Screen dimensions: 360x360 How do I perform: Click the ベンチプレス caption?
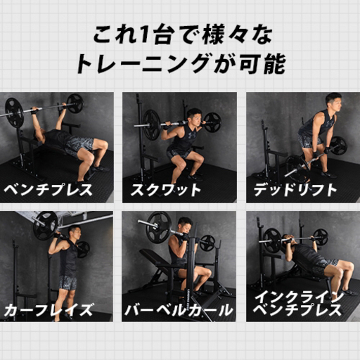pyautogui.click(x=48, y=190)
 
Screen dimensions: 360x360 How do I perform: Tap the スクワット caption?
pyautogui.click(x=166, y=190)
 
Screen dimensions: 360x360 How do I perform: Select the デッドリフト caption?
pyautogui.click(x=295, y=190)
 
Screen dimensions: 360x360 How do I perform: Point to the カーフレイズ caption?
pyautogui.click(x=49, y=310)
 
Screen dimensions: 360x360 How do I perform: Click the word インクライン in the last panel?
pyautogui.click(x=299, y=297)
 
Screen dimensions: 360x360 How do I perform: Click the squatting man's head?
pyautogui.click(x=194, y=117)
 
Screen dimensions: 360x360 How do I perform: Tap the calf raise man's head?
pyautogui.click(x=75, y=233)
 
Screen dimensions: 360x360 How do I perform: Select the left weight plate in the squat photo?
pyautogui.click(x=152, y=124)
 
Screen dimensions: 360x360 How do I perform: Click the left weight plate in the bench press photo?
pyautogui.click(x=15, y=113)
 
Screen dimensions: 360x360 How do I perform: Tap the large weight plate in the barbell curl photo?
pyautogui.click(x=159, y=227)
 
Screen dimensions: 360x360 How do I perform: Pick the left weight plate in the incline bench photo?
pyautogui.click(x=272, y=241)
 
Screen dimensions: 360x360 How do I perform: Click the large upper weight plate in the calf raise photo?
pyautogui.click(x=45, y=226)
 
